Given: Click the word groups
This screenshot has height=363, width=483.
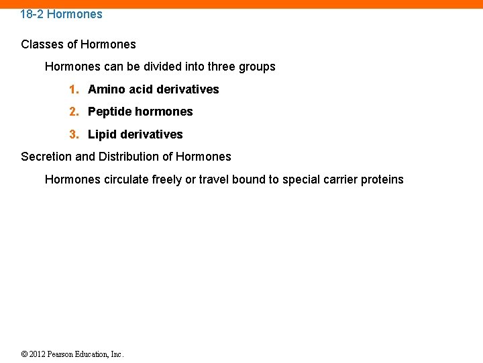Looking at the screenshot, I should click(258, 67).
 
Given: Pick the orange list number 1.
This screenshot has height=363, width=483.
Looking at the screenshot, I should click(73, 89).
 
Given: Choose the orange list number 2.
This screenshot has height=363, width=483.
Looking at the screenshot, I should click(73, 112).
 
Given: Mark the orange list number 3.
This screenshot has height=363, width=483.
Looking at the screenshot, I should click(73, 134).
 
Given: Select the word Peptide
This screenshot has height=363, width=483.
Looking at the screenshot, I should click(109, 112).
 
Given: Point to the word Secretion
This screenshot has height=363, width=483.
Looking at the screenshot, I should click(46, 157).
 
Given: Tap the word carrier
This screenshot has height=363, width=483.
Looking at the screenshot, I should click(339, 179).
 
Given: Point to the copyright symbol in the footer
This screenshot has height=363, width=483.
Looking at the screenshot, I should click(24, 354).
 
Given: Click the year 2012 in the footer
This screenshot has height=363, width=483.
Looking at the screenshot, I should click(37, 354).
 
